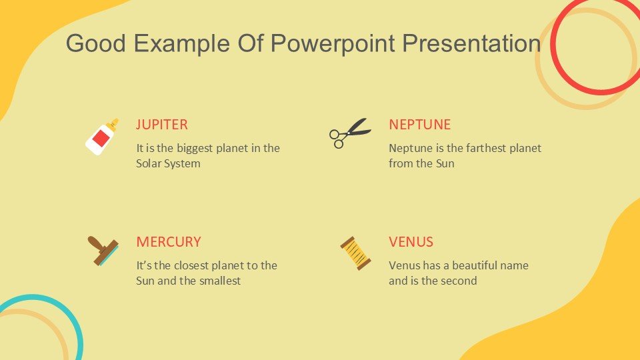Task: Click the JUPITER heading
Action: (161, 125)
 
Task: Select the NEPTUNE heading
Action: (419, 125)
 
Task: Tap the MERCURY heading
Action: (169, 241)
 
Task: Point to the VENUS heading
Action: (411, 241)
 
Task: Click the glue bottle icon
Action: (101, 137)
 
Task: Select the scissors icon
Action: (350, 133)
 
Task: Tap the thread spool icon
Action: (355, 253)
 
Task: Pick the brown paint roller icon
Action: (103, 251)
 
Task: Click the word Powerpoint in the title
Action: (333, 44)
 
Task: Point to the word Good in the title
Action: (96, 43)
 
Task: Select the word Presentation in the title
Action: (471, 43)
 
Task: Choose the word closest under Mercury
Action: (192, 265)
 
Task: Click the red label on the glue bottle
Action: (101, 139)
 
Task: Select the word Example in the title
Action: (181, 44)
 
